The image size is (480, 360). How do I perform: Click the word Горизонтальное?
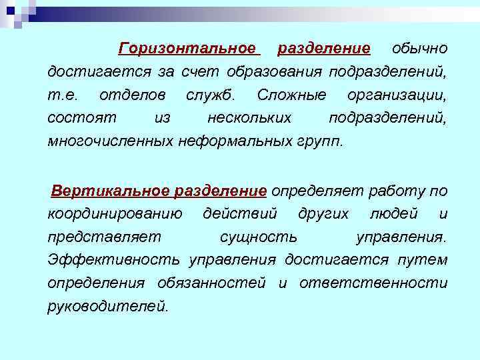[x=187, y=49]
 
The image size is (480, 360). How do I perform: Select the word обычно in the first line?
[x=419, y=49]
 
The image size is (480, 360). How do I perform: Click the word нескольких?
[x=249, y=118]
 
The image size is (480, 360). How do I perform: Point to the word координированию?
[x=115, y=215]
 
